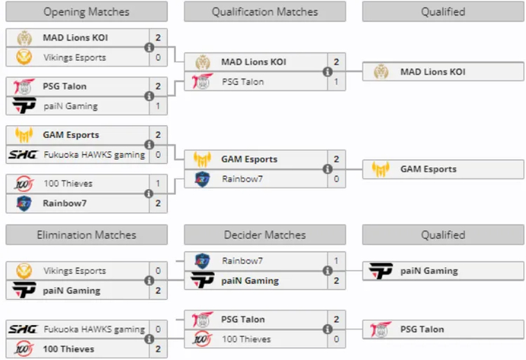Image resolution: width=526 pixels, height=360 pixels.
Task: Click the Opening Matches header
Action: pyautogui.click(x=86, y=11)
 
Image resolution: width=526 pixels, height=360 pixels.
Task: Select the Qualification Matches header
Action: pyautogui.click(x=265, y=11)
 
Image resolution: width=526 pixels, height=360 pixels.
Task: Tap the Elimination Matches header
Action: pyautogui.click(x=86, y=235)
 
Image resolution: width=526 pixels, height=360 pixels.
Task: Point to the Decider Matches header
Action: pyautogui.click(x=265, y=235)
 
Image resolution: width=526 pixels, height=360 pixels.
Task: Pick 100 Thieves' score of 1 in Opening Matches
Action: pyautogui.click(x=158, y=184)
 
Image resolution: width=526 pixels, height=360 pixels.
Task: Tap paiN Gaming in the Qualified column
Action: pyautogui.click(x=428, y=271)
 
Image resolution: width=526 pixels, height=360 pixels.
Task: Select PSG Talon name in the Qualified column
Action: pyautogui.click(x=422, y=329)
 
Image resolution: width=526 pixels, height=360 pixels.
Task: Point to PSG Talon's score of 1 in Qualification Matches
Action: pyautogui.click(x=336, y=81)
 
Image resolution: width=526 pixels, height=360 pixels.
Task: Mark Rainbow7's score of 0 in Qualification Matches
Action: pyautogui.click(x=336, y=179)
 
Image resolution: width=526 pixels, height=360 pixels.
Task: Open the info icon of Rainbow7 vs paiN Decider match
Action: pyautogui.click(x=327, y=271)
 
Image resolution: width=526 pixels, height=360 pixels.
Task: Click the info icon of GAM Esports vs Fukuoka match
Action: pyautogui.click(x=149, y=145)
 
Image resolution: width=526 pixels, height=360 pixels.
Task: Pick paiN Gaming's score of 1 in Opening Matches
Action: pyautogui.click(x=158, y=106)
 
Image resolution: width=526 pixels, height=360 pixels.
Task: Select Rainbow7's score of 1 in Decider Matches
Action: pyautogui.click(x=336, y=261)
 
